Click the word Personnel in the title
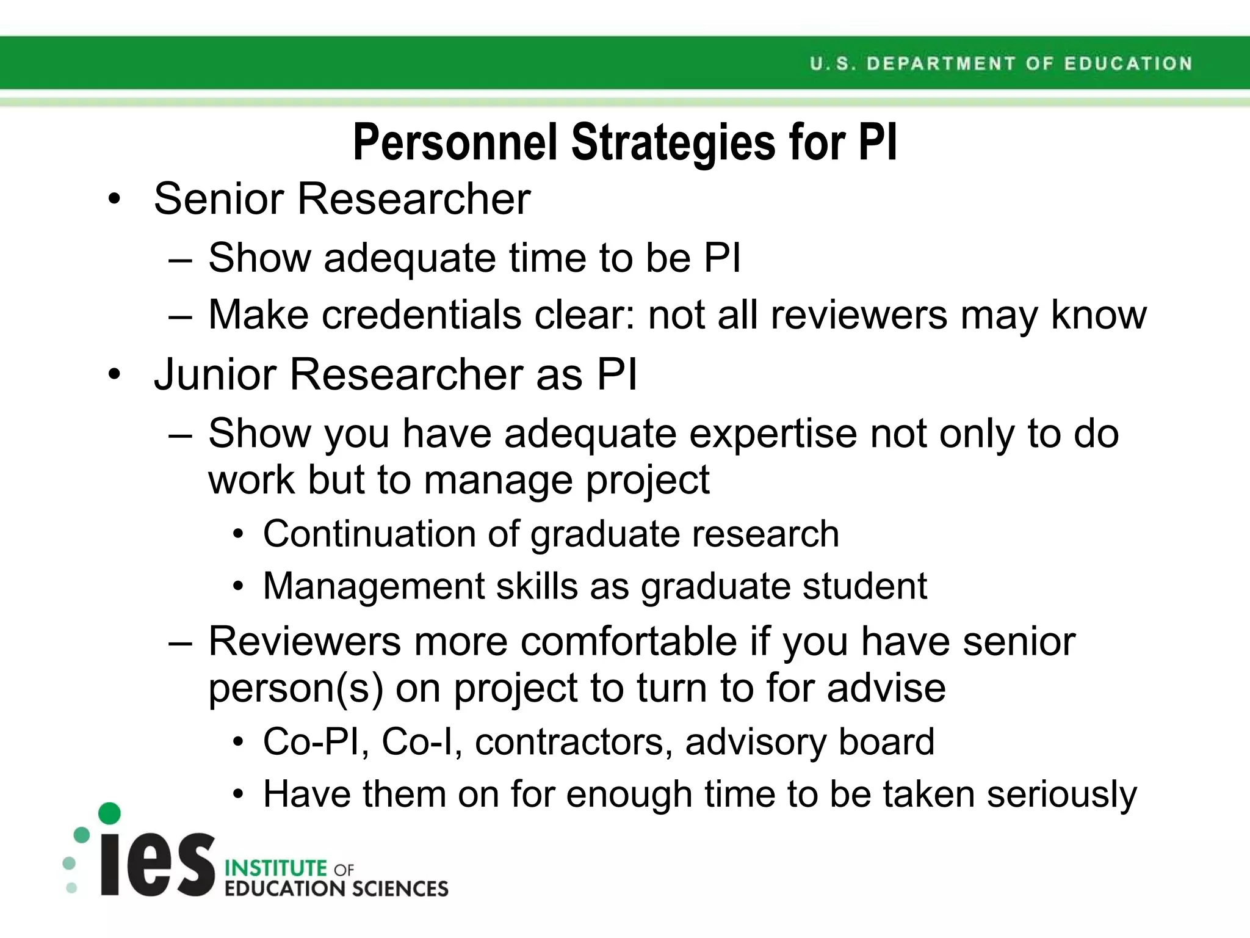(455, 143)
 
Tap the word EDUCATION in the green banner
(1128, 64)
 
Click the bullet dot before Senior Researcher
(114, 200)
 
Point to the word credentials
(421, 315)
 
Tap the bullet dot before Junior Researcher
(114, 375)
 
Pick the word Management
(374, 586)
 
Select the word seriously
(1062, 794)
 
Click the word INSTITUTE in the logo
(276, 868)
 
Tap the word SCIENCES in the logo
(400, 889)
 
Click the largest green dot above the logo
(109, 813)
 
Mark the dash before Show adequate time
(181, 260)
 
